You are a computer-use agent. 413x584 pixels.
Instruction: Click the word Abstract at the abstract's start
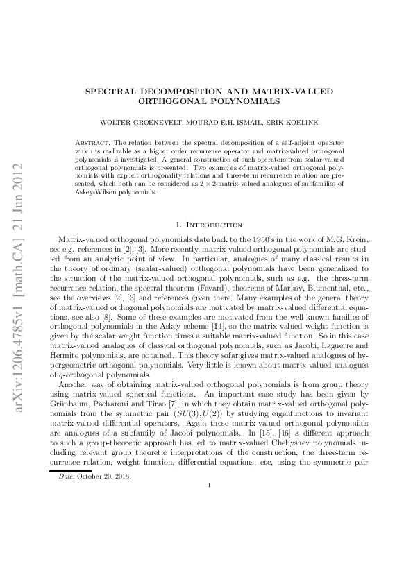(x=94, y=141)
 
